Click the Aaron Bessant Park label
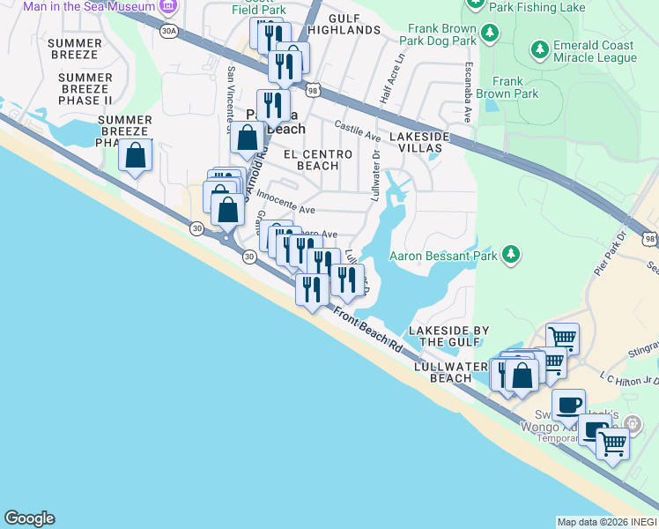coord(444,257)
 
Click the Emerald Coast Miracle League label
coord(594,52)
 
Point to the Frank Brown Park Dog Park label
coord(437,34)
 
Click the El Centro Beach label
coord(317,160)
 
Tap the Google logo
coord(29,518)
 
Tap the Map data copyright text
coord(606,521)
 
